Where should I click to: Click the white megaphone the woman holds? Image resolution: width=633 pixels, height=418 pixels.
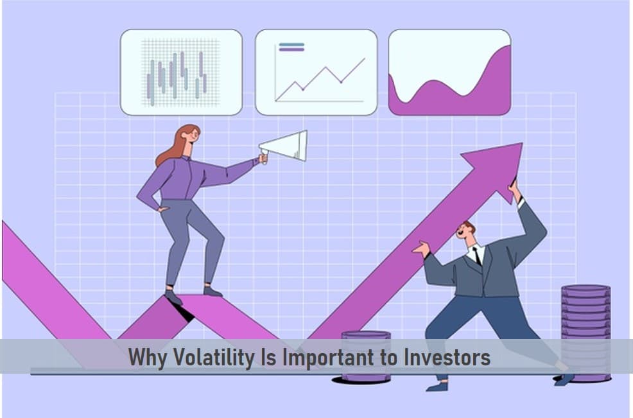(x=285, y=146)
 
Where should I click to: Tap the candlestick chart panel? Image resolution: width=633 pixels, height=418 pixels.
(x=181, y=73)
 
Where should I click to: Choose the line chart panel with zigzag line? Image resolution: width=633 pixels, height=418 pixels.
(x=316, y=73)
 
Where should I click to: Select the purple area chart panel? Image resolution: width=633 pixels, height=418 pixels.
(x=450, y=73)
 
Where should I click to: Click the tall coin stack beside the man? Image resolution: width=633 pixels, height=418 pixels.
(x=585, y=333)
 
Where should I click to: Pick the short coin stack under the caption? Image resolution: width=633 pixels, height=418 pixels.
(x=366, y=356)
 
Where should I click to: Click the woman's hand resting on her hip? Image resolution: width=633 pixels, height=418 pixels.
(x=162, y=209)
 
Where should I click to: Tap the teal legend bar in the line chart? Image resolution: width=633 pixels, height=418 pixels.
(x=291, y=44)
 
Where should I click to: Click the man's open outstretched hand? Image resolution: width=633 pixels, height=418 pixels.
(x=421, y=248)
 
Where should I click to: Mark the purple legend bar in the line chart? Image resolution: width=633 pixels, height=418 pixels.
(x=291, y=49)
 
